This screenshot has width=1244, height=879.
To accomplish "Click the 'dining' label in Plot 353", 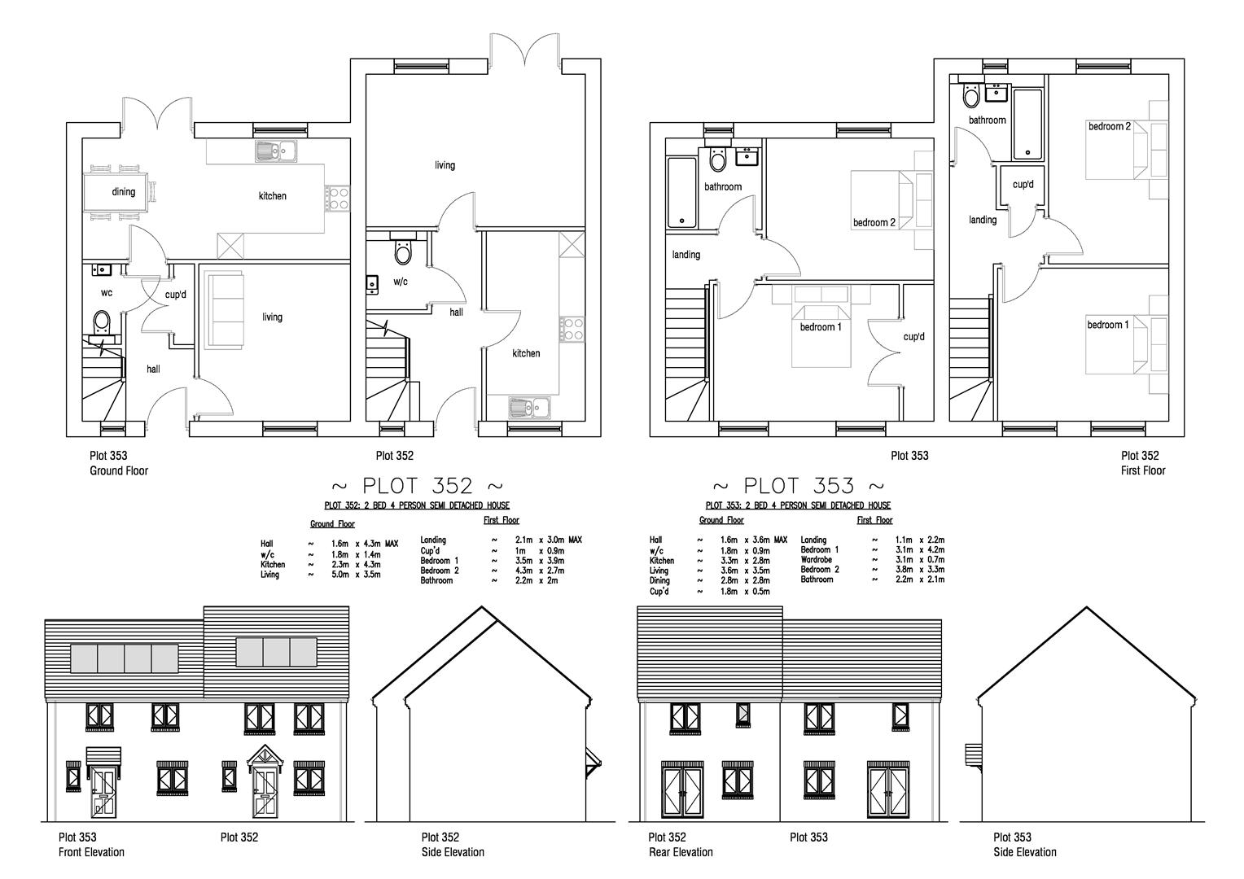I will coord(124,192).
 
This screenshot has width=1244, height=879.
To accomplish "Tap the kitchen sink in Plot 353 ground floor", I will coord(276,151).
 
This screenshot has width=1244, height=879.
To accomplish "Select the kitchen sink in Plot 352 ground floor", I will coord(530,406).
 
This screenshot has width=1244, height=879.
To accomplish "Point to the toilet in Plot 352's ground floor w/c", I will coord(403,251).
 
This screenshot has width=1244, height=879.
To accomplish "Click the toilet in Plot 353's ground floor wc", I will coord(103,322).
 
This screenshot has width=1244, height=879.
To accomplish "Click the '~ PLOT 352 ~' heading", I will coord(417,486).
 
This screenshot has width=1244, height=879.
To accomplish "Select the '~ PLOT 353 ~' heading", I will coord(798,486).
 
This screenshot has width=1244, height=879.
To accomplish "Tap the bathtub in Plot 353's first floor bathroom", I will coord(681,193).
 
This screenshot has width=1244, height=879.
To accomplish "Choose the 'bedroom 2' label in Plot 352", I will coord(1110,126).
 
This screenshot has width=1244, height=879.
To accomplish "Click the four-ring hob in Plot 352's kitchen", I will coord(572,329).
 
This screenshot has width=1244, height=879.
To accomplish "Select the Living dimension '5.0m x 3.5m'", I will coord(355,575).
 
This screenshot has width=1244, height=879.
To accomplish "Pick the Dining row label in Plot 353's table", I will coord(659,581).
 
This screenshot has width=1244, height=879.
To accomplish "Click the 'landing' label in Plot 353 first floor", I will coord(686,255).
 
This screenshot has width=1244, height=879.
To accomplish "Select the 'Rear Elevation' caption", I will coord(680,852).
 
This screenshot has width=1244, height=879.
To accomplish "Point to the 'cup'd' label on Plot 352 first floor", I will coord(1023,185).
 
